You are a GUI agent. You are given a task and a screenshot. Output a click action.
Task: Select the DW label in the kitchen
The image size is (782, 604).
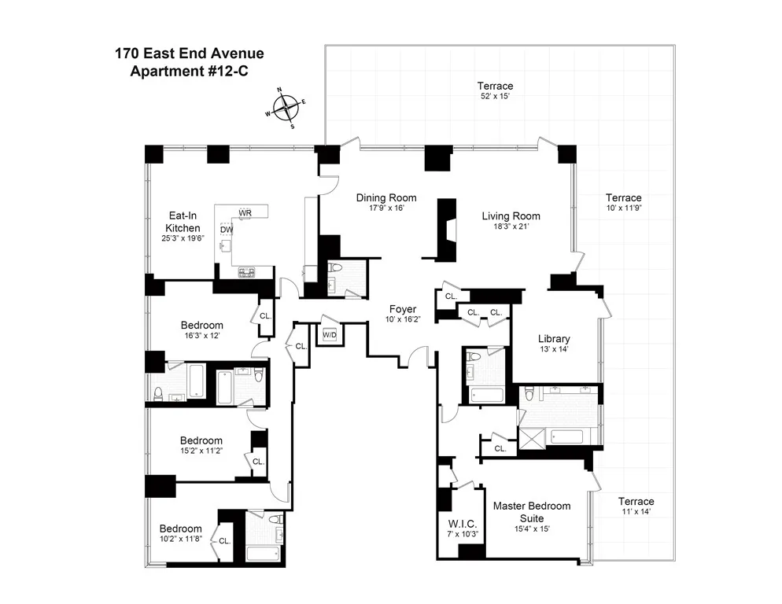tap(227, 230)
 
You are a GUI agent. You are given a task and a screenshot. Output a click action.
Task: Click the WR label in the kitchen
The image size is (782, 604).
tap(245, 213)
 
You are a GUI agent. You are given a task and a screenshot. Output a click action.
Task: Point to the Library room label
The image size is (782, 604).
tap(554, 339)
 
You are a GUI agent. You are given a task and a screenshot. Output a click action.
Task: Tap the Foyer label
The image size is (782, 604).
tap(401, 309)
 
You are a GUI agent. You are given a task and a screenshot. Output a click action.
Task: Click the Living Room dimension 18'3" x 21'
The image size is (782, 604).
tap(511, 228)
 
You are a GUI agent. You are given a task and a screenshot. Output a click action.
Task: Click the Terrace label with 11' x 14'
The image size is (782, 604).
tap(636, 502)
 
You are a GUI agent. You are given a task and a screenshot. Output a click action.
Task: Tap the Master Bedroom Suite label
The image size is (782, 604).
tap(531, 511)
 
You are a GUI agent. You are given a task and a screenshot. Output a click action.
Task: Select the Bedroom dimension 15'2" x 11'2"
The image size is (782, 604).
tap(201, 452)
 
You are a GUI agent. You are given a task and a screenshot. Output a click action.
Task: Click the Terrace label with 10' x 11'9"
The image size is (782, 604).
tap(623, 197)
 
